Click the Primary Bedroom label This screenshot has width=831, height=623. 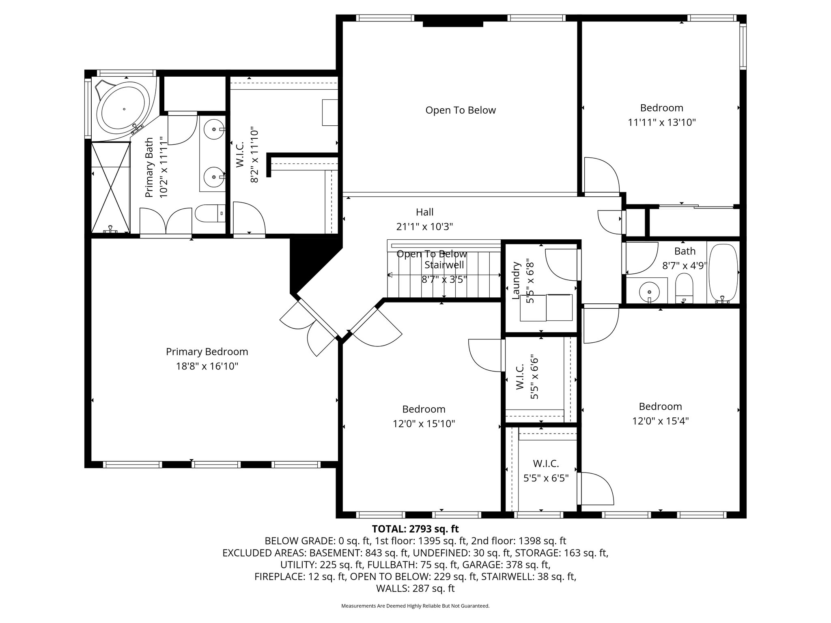[x=207, y=352]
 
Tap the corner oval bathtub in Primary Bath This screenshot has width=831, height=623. [x=124, y=109]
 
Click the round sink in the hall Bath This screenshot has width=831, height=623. [x=649, y=291]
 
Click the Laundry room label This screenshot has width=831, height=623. [x=516, y=281]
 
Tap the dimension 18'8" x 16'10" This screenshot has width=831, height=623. [x=207, y=366]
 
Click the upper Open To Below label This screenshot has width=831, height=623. [x=461, y=110]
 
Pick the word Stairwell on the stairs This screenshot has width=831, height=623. [x=444, y=265]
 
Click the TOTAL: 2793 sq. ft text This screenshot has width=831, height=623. [x=415, y=529]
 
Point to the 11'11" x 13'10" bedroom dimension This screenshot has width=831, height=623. [x=662, y=122]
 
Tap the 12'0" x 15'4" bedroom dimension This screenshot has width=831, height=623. [x=661, y=421]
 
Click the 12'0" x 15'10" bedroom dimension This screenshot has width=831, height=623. [x=424, y=424]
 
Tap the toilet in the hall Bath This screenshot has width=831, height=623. [x=684, y=288]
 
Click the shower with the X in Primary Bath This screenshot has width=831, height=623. [x=110, y=187]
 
